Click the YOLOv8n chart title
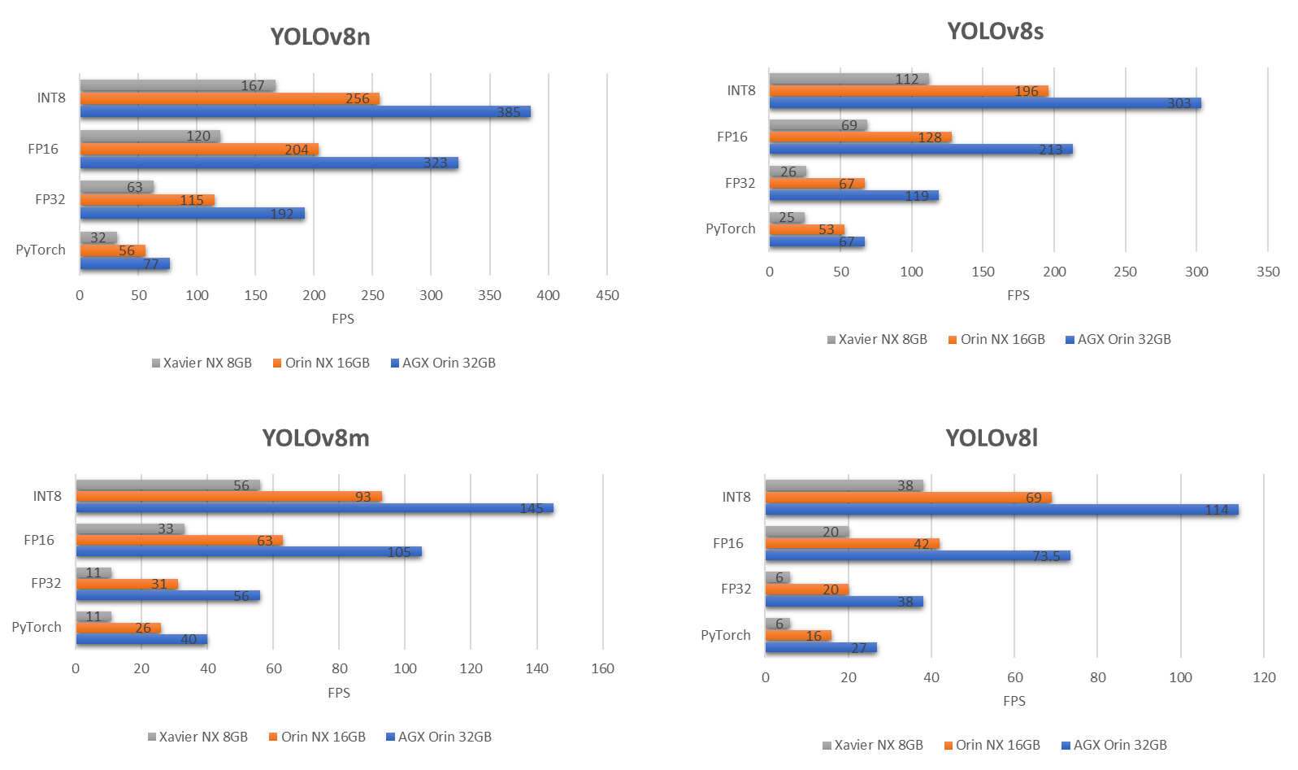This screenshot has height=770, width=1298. coord(320,37)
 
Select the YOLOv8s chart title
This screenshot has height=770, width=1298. coord(995,32)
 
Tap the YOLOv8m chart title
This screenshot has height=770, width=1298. coord(315,438)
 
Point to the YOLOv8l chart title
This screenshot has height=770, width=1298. coord(991,438)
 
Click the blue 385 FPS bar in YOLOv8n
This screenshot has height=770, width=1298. coord(305,111)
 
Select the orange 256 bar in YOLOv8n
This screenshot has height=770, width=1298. coord(229,98)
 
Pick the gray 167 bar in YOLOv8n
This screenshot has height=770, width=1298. coord(177,85)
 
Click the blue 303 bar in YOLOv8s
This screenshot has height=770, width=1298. coord(984,103)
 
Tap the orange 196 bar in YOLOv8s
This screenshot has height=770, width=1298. coord(908,91)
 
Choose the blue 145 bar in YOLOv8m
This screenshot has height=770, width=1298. coord(314,508)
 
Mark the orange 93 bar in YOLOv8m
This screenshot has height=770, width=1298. coord(228,496)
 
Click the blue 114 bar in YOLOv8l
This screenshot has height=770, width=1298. coord(1001,510)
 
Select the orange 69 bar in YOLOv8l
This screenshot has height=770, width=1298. coord(908,498)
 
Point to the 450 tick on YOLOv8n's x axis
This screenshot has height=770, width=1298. coord(607,295)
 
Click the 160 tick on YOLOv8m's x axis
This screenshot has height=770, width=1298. coord(602,668)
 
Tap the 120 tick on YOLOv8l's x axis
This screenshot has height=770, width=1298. coord(1264,677)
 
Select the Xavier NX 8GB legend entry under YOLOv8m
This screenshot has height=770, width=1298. coord(198,737)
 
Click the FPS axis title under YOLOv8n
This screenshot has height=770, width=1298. coord(343,319)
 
